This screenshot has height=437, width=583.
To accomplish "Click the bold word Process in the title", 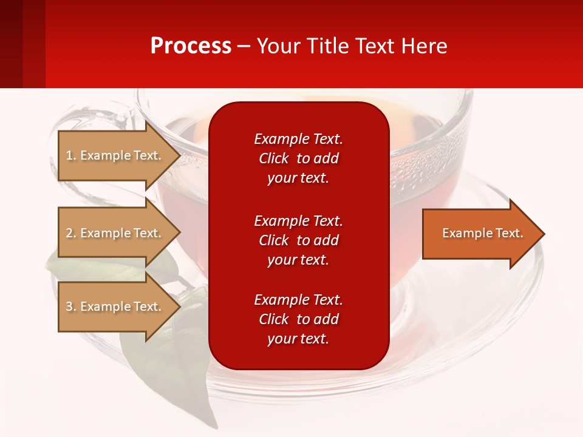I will (x=191, y=46).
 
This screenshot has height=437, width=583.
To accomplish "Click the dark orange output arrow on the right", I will (x=480, y=234).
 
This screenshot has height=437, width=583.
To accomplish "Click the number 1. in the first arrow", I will (x=71, y=155).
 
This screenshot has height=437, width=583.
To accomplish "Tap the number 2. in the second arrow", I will (x=71, y=233).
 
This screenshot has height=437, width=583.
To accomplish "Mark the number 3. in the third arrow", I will (x=71, y=307).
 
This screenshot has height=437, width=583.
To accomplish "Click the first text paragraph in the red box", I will (x=298, y=158).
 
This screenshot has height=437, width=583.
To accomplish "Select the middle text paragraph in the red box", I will (x=298, y=240).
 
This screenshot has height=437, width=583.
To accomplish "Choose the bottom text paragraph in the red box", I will (x=298, y=319).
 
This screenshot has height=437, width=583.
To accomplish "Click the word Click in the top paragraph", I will (x=274, y=158).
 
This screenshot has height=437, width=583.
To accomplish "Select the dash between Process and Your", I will (x=244, y=46).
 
